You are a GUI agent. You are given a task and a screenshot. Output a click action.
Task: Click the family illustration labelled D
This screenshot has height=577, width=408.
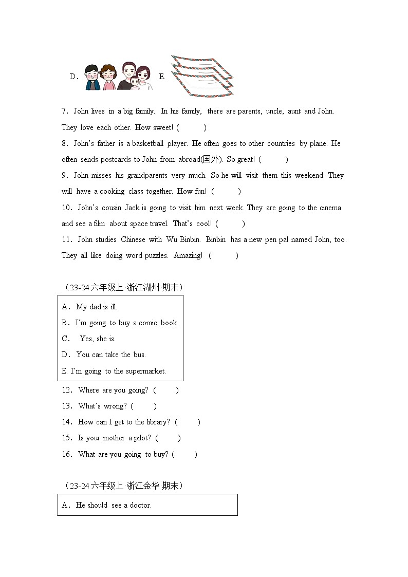119,77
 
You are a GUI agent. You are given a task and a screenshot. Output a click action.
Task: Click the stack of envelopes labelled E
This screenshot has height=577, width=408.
202,76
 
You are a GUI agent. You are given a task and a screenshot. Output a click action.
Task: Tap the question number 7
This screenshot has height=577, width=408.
65,111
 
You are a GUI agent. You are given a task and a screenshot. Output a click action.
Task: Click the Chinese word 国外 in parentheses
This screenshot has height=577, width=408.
210,160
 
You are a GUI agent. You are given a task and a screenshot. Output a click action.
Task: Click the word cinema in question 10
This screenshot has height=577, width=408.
331,208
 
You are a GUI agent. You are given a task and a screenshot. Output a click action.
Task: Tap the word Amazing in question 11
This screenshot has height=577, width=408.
188,256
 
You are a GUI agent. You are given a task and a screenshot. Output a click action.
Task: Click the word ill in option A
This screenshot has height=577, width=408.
113,307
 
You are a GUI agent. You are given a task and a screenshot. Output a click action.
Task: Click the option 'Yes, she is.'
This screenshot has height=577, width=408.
98,339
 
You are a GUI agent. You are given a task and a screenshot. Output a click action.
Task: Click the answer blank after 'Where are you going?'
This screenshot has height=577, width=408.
166,390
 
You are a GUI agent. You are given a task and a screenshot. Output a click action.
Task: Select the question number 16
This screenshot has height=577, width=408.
67,455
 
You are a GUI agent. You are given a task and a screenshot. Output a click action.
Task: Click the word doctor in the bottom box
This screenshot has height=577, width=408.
140,506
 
